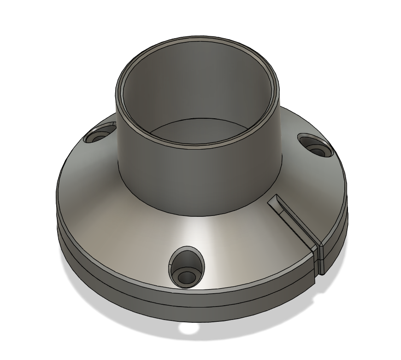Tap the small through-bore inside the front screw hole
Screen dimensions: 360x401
pyautogui.click(x=187, y=277)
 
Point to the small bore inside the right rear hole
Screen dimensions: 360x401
pyautogui.click(x=317, y=150)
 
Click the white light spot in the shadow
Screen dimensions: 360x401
pyautogui.click(x=189, y=328)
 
